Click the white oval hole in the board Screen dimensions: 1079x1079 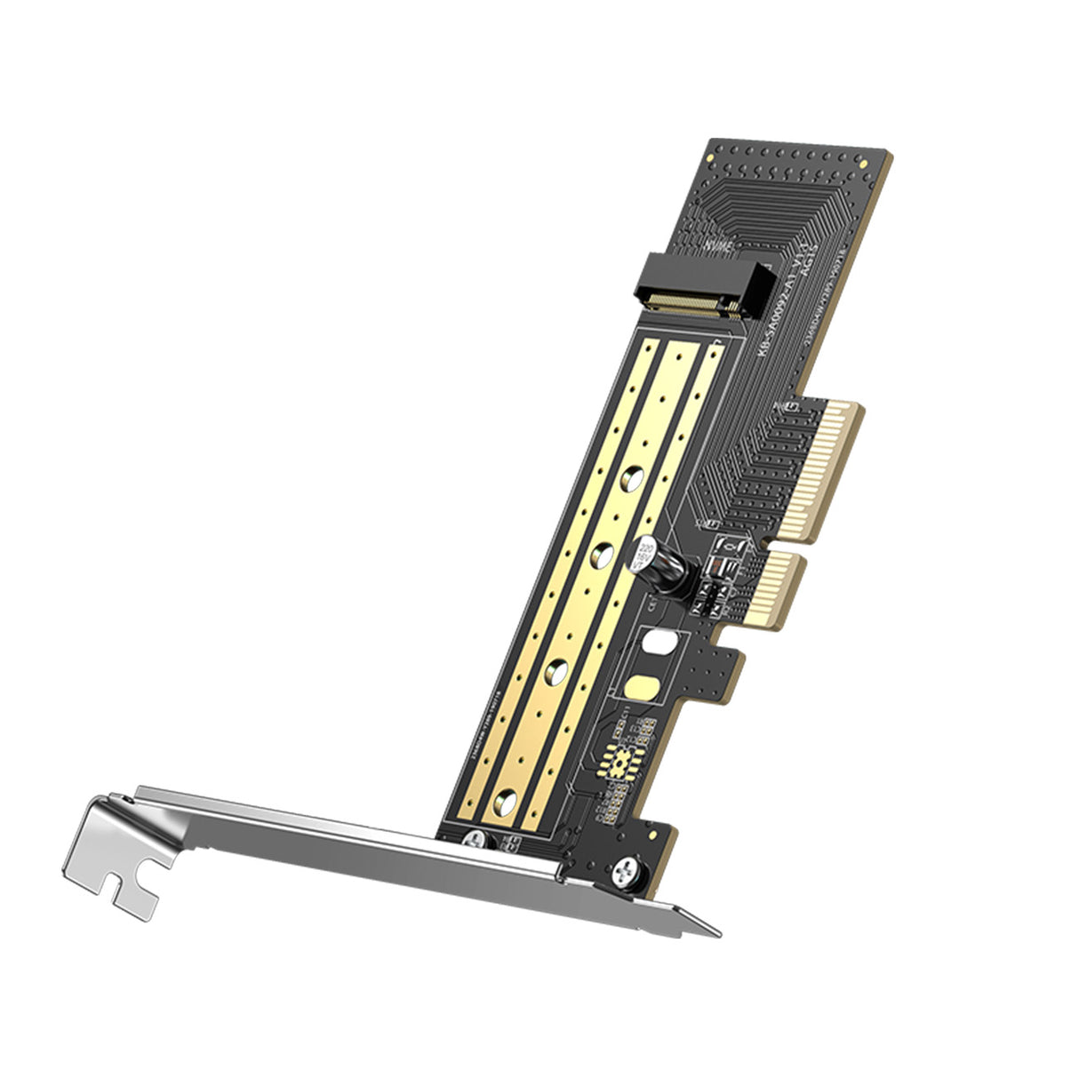point(660,641)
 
